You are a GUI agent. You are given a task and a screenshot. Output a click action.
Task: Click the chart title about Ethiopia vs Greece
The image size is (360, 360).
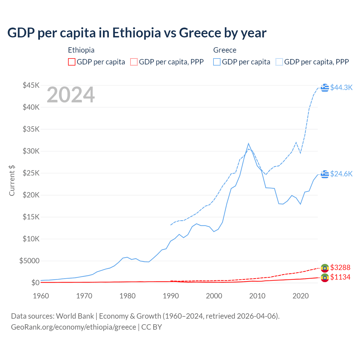137,33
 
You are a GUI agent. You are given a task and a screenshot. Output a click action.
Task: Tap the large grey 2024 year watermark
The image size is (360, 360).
71,95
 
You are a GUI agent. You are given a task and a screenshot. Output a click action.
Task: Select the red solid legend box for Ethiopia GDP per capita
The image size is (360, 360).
72,62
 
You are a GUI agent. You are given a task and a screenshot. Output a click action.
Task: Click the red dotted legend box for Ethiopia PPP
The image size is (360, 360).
134,62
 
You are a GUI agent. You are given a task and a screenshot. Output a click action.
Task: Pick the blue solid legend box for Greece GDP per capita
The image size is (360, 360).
217,62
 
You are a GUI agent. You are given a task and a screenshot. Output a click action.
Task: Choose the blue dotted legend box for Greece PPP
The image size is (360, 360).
279,62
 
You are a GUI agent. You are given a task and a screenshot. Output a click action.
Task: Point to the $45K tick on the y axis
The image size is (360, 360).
31,85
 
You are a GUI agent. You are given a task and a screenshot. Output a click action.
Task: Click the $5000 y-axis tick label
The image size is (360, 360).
29,261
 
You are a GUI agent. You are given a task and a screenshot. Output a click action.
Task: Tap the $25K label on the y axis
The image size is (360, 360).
31,173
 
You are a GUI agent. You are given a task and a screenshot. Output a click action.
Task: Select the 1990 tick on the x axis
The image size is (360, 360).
171,296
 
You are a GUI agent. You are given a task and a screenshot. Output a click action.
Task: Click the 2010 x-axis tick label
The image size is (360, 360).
257,296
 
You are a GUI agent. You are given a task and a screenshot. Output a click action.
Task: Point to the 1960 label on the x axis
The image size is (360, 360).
41,296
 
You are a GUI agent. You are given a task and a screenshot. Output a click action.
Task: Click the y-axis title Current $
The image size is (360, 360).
12,181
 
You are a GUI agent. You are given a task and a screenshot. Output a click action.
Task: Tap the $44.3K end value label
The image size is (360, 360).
341,87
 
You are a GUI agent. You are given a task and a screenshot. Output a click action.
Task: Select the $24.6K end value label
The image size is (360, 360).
341,174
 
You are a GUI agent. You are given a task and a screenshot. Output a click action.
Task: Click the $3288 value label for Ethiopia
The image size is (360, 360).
340,267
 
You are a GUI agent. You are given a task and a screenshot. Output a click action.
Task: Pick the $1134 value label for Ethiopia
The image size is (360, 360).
340,277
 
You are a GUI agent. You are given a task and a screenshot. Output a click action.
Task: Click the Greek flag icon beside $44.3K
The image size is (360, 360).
325,87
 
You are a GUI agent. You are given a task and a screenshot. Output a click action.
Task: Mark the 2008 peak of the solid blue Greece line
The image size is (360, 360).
248,143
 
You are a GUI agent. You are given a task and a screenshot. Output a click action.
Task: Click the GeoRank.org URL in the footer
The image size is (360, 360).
73,327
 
